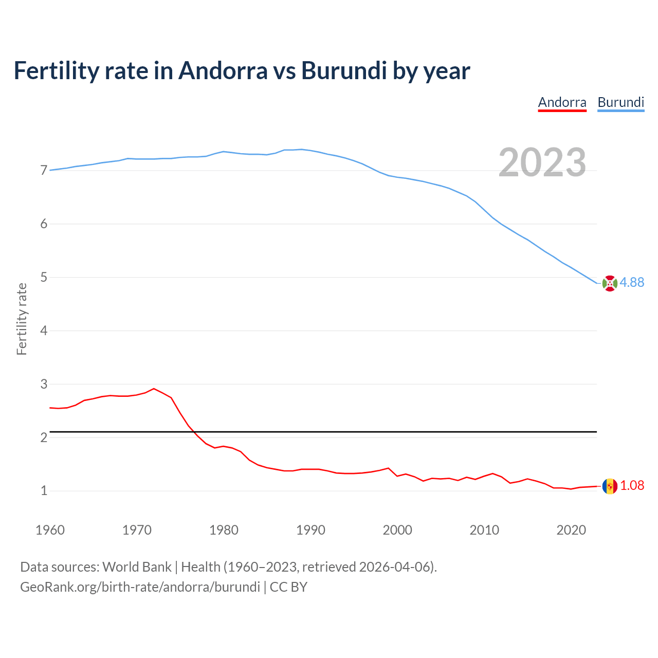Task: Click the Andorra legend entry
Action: tap(562, 102)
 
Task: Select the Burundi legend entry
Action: tap(620, 102)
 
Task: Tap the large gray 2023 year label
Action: tap(542, 162)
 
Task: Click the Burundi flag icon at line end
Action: tap(609, 283)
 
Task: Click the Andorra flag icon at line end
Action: tap(609, 486)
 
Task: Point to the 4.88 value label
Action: tap(632, 282)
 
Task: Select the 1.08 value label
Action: tap(632, 485)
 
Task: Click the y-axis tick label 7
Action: tap(44, 170)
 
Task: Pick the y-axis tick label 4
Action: tap(44, 331)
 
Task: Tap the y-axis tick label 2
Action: tap(44, 437)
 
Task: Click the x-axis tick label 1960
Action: tap(50, 530)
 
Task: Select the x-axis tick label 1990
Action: tap(310, 530)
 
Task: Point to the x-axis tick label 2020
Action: tap(571, 530)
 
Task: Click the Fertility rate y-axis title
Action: tap(22, 319)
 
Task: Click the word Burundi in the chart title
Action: tap(344, 70)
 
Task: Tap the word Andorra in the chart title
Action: tap(223, 70)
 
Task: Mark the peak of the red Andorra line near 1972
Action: tap(154, 389)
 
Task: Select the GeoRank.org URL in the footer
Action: tap(140, 587)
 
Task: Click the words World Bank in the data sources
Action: tap(137, 567)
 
